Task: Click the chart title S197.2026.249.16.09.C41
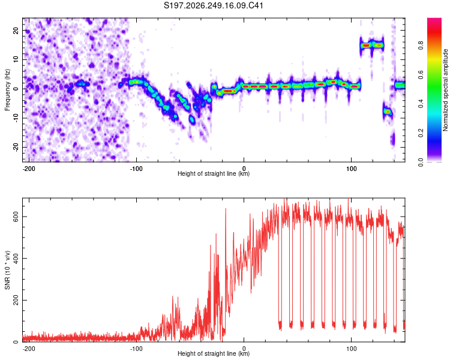[x=214, y=5]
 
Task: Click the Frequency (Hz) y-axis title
[x=7, y=90]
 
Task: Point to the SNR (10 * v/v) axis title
[x=7, y=270]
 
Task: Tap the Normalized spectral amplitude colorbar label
[x=445, y=90]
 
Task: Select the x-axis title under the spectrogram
[x=214, y=173]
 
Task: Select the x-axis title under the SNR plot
[x=214, y=353]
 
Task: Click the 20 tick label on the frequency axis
[x=16, y=30]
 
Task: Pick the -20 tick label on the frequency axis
[x=16, y=147]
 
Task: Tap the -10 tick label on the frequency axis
[x=16, y=118]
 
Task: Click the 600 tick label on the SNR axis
[x=16, y=217]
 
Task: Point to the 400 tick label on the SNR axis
[x=16, y=259]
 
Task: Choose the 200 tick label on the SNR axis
[x=16, y=300]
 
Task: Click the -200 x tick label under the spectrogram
[x=29, y=169]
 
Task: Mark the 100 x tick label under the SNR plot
[x=351, y=349]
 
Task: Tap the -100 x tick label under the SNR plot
[x=136, y=349]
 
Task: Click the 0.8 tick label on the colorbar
[x=421, y=46]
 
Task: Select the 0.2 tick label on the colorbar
[x=421, y=133]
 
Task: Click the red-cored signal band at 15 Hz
[x=372, y=45]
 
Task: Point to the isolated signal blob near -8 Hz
[x=388, y=112]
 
